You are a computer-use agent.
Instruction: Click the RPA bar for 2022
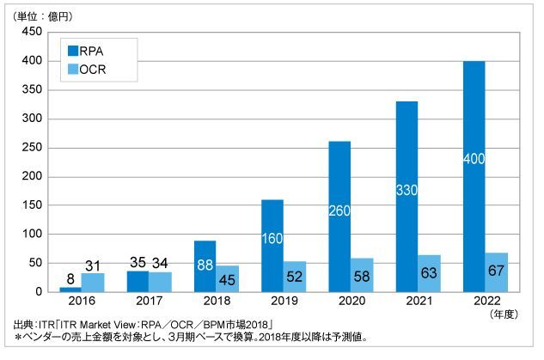pyautogui.click(x=474, y=175)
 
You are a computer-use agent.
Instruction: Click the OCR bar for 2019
pyautogui.click(x=293, y=276)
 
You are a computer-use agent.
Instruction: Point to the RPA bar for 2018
pyautogui.click(x=205, y=265)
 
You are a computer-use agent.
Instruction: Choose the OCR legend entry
pyautogui.click(x=83, y=69)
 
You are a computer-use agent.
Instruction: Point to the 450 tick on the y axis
pyautogui.click(x=32, y=32)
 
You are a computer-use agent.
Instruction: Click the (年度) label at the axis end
pyautogui.click(x=507, y=314)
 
